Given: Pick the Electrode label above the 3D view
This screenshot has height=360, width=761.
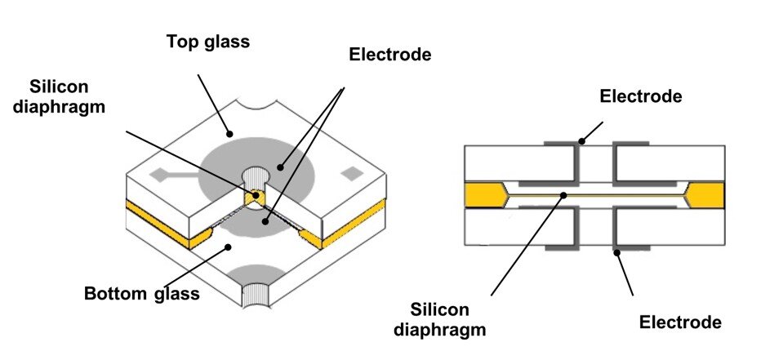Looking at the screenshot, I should (389, 55).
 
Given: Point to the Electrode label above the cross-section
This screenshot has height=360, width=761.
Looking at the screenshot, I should (640, 96).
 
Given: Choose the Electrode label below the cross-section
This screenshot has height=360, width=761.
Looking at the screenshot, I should (679, 322).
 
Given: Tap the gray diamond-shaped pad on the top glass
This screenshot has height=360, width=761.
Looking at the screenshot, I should (162, 173).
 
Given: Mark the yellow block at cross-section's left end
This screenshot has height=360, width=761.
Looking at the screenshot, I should (482, 195).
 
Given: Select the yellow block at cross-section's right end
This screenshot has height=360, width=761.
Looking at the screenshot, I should (706, 195).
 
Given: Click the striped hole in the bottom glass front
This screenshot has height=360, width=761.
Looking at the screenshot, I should (260, 293).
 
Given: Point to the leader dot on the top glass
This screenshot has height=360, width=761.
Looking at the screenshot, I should (232, 133).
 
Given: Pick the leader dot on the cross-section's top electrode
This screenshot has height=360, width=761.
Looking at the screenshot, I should (581, 140).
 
